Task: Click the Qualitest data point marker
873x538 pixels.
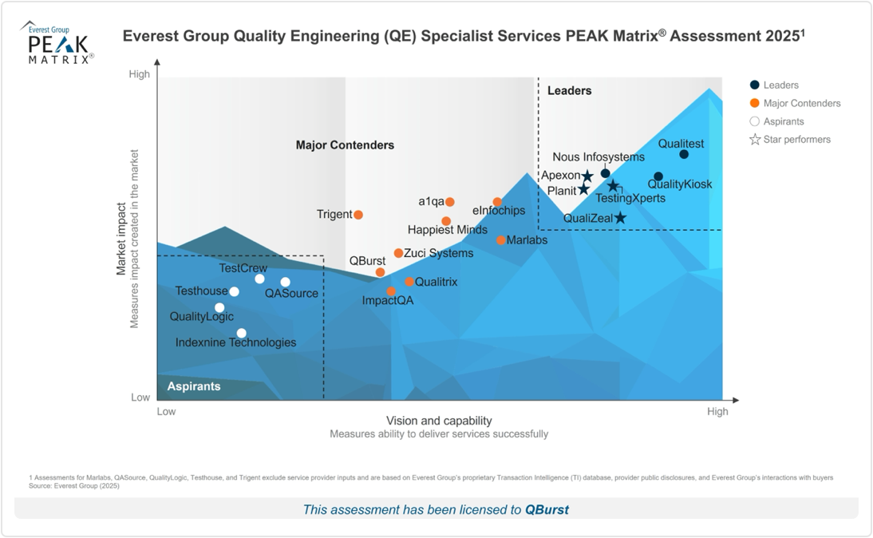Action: pyautogui.click(x=684, y=154)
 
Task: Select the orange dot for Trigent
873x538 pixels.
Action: pyautogui.click(x=358, y=215)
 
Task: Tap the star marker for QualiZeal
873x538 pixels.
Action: pyautogui.click(x=620, y=218)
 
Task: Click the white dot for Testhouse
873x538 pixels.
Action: pyautogui.click(x=234, y=291)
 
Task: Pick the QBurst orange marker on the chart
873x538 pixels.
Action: pyautogui.click(x=380, y=272)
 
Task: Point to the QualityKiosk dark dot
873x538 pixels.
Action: pyautogui.click(x=658, y=176)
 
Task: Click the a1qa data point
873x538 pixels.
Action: pyautogui.click(x=450, y=202)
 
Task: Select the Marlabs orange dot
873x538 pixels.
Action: pyautogui.click(x=501, y=240)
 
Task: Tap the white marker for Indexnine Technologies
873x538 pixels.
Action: pyautogui.click(x=242, y=334)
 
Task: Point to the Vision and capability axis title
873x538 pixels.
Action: pyautogui.click(x=439, y=421)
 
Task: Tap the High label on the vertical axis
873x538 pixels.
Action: pyautogui.click(x=139, y=75)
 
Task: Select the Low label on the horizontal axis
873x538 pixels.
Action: pyautogui.click(x=166, y=412)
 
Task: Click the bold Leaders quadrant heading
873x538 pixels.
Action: pyautogui.click(x=569, y=91)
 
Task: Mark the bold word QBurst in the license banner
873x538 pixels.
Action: pyautogui.click(x=547, y=509)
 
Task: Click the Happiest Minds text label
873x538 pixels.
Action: pyautogui.click(x=447, y=230)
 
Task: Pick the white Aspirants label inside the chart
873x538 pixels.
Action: pyautogui.click(x=193, y=386)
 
